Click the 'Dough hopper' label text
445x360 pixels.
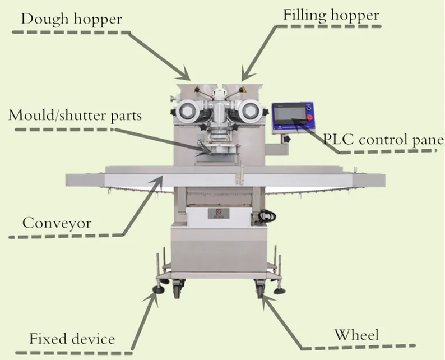(x=71, y=20)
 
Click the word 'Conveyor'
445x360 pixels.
(x=57, y=223)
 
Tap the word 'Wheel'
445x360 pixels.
(x=356, y=335)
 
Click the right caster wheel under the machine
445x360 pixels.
(x=260, y=289)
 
